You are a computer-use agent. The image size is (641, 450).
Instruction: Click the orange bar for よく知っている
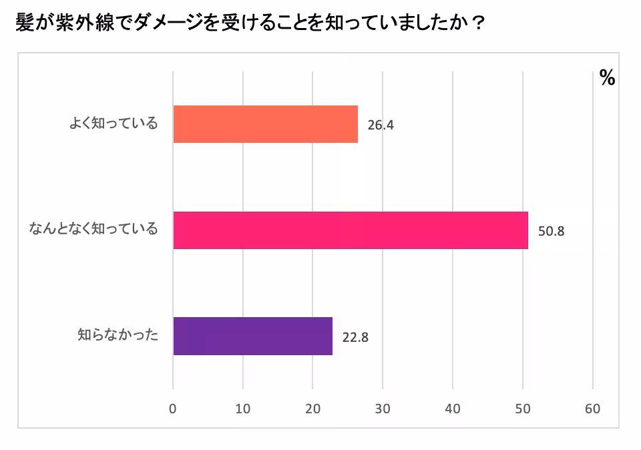click(265, 124)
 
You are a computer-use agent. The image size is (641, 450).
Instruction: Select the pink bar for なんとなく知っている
click(350, 230)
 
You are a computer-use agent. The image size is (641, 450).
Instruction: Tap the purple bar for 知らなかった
click(252, 336)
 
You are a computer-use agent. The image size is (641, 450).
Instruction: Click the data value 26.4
click(381, 125)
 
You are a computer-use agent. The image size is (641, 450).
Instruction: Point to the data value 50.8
click(551, 231)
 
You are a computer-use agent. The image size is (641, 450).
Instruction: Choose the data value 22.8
click(355, 336)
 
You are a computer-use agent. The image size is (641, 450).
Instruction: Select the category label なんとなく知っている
click(93, 230)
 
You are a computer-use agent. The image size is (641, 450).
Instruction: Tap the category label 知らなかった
click(118, 335)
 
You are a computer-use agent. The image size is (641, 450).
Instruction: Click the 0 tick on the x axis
click(173, 409)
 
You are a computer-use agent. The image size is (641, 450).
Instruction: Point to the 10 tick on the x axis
click(243, 409)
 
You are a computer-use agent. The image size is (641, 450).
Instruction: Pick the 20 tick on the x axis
click(312, 409)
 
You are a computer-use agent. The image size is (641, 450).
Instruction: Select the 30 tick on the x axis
click(383, 409)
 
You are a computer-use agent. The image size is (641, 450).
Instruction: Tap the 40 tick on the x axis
click(453, 409)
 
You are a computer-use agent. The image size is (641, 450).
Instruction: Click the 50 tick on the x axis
click(522, 409)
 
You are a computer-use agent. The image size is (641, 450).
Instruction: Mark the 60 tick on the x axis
click(592, 409)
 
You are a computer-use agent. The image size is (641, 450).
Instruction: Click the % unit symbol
click(607, 78)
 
